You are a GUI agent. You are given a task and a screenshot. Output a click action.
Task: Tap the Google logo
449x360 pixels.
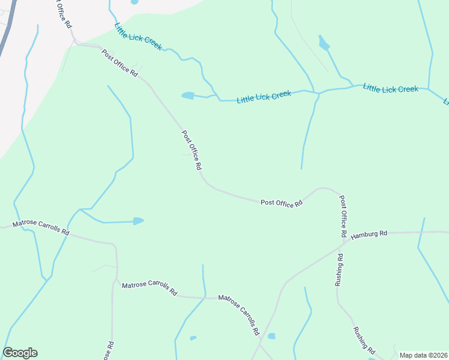[x=20, y=353]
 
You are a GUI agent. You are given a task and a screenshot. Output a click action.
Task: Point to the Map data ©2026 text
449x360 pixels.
[x=423, y=355]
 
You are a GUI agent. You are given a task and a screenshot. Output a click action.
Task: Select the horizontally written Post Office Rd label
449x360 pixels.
[x=281, y=203]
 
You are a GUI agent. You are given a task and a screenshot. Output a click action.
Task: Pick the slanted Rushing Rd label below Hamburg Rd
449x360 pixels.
[x=364, y=341]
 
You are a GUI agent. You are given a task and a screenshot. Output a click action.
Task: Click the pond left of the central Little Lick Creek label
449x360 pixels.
[x=188, y=95]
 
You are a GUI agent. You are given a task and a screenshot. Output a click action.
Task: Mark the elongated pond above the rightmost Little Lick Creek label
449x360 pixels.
[x=324, y=43]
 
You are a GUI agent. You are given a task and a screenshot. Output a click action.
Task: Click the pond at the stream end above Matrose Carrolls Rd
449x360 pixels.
[x=138, y=221]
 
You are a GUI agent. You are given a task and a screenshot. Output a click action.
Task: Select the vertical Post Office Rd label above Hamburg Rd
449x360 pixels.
[x=343, y=215]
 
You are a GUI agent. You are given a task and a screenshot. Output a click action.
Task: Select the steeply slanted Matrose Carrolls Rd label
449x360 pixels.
[x=239, y=314]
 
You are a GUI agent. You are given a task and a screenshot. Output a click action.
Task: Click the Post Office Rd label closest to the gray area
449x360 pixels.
[x=120, y=62]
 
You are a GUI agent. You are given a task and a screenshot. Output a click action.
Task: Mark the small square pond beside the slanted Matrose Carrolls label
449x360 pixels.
[x=271, y=336]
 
